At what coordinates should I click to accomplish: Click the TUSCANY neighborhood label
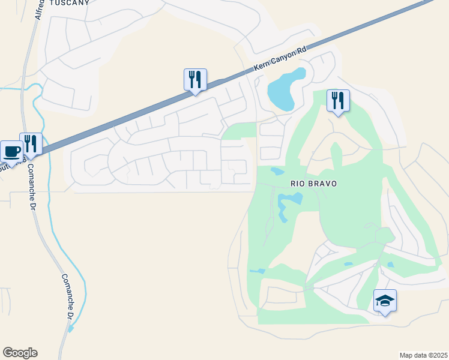coord(70,3)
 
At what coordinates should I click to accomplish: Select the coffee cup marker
coord(11,151)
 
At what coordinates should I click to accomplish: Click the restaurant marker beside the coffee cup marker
coord(31,144)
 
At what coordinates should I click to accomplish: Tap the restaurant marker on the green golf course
coord(338,100)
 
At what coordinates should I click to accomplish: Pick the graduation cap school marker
coord(385,300)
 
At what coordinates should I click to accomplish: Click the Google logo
coord(20,353)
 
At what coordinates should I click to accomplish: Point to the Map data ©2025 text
coord(424,355)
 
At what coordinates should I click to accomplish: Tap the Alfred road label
coord(40,10)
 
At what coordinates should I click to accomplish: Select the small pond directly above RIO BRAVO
coord(277,172)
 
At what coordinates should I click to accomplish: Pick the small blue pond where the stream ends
coord(71,328)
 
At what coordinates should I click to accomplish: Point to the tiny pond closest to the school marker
coord(391,265)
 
